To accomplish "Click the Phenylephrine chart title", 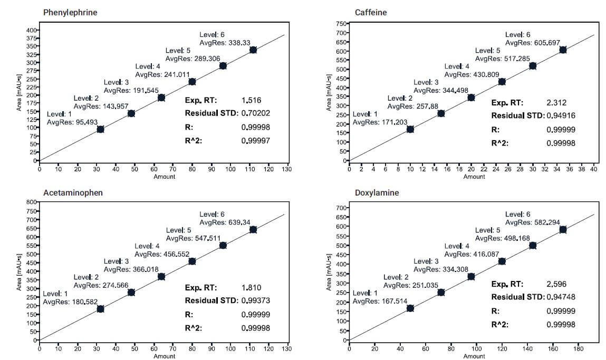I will (70, 12).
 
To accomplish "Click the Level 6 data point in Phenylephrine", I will (253, 50).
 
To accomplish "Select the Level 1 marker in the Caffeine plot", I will (410, 129).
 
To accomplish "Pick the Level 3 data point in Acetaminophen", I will (161, 277).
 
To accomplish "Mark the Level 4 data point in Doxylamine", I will (502, 261).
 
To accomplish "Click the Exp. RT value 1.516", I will (252, 100).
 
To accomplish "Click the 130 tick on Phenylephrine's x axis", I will (287, 169).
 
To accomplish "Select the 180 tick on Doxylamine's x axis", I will (578, 348).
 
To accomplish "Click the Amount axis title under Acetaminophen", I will (164, 356).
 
